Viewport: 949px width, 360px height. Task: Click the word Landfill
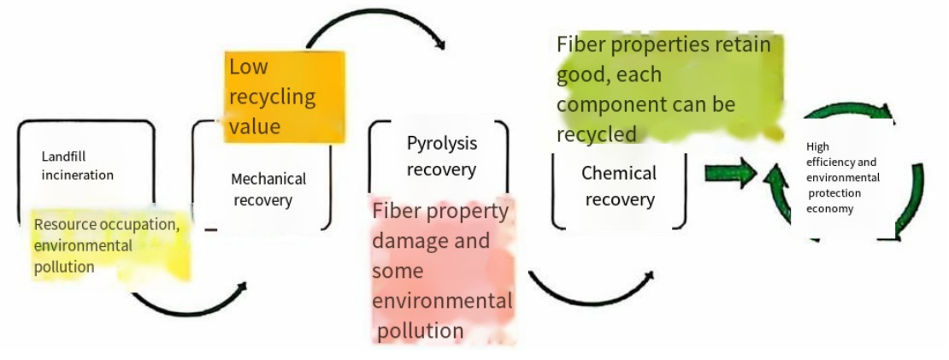tap(64, 156)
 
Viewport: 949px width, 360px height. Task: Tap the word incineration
tap(78, 174)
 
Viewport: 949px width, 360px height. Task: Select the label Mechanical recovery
tap(268, 190)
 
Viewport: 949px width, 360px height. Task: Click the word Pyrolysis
tap(441, 143)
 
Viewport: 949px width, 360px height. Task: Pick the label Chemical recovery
tap(619, 186)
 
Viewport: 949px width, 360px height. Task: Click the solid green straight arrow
tap(731, 174)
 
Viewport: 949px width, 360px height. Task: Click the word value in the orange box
tap(254, 126)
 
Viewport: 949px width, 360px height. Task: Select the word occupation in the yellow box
tap(139, 225)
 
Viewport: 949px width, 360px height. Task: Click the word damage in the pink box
tap(408, 240)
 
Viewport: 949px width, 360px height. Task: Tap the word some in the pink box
tap(398, 270)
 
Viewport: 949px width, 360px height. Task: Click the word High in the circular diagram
tap(817, 147)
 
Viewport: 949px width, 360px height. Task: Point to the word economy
tap(829, 208)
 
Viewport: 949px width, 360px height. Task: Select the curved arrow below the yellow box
tap(188, 304)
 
